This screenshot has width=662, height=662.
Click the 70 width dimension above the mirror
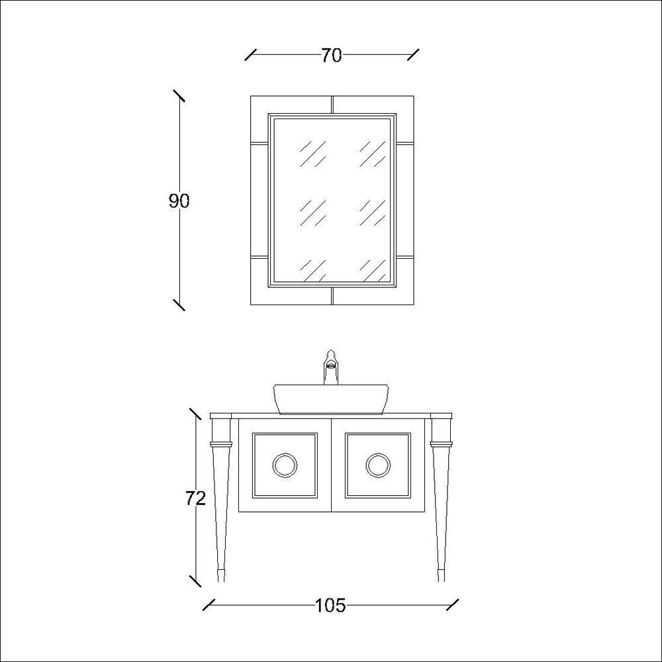[x=332, y=56]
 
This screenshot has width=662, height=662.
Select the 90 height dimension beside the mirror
[x=179, y=201]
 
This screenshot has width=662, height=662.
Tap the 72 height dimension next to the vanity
[x=195, y=499]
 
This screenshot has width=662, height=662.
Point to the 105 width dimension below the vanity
[x=330, y=606]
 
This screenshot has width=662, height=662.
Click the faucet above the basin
[x=331, y=367]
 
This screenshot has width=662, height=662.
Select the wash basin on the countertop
[x=331, y=399]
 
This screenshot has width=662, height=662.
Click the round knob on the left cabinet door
[x=285, y=465]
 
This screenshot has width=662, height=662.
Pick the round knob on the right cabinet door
[x=378, y=465]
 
